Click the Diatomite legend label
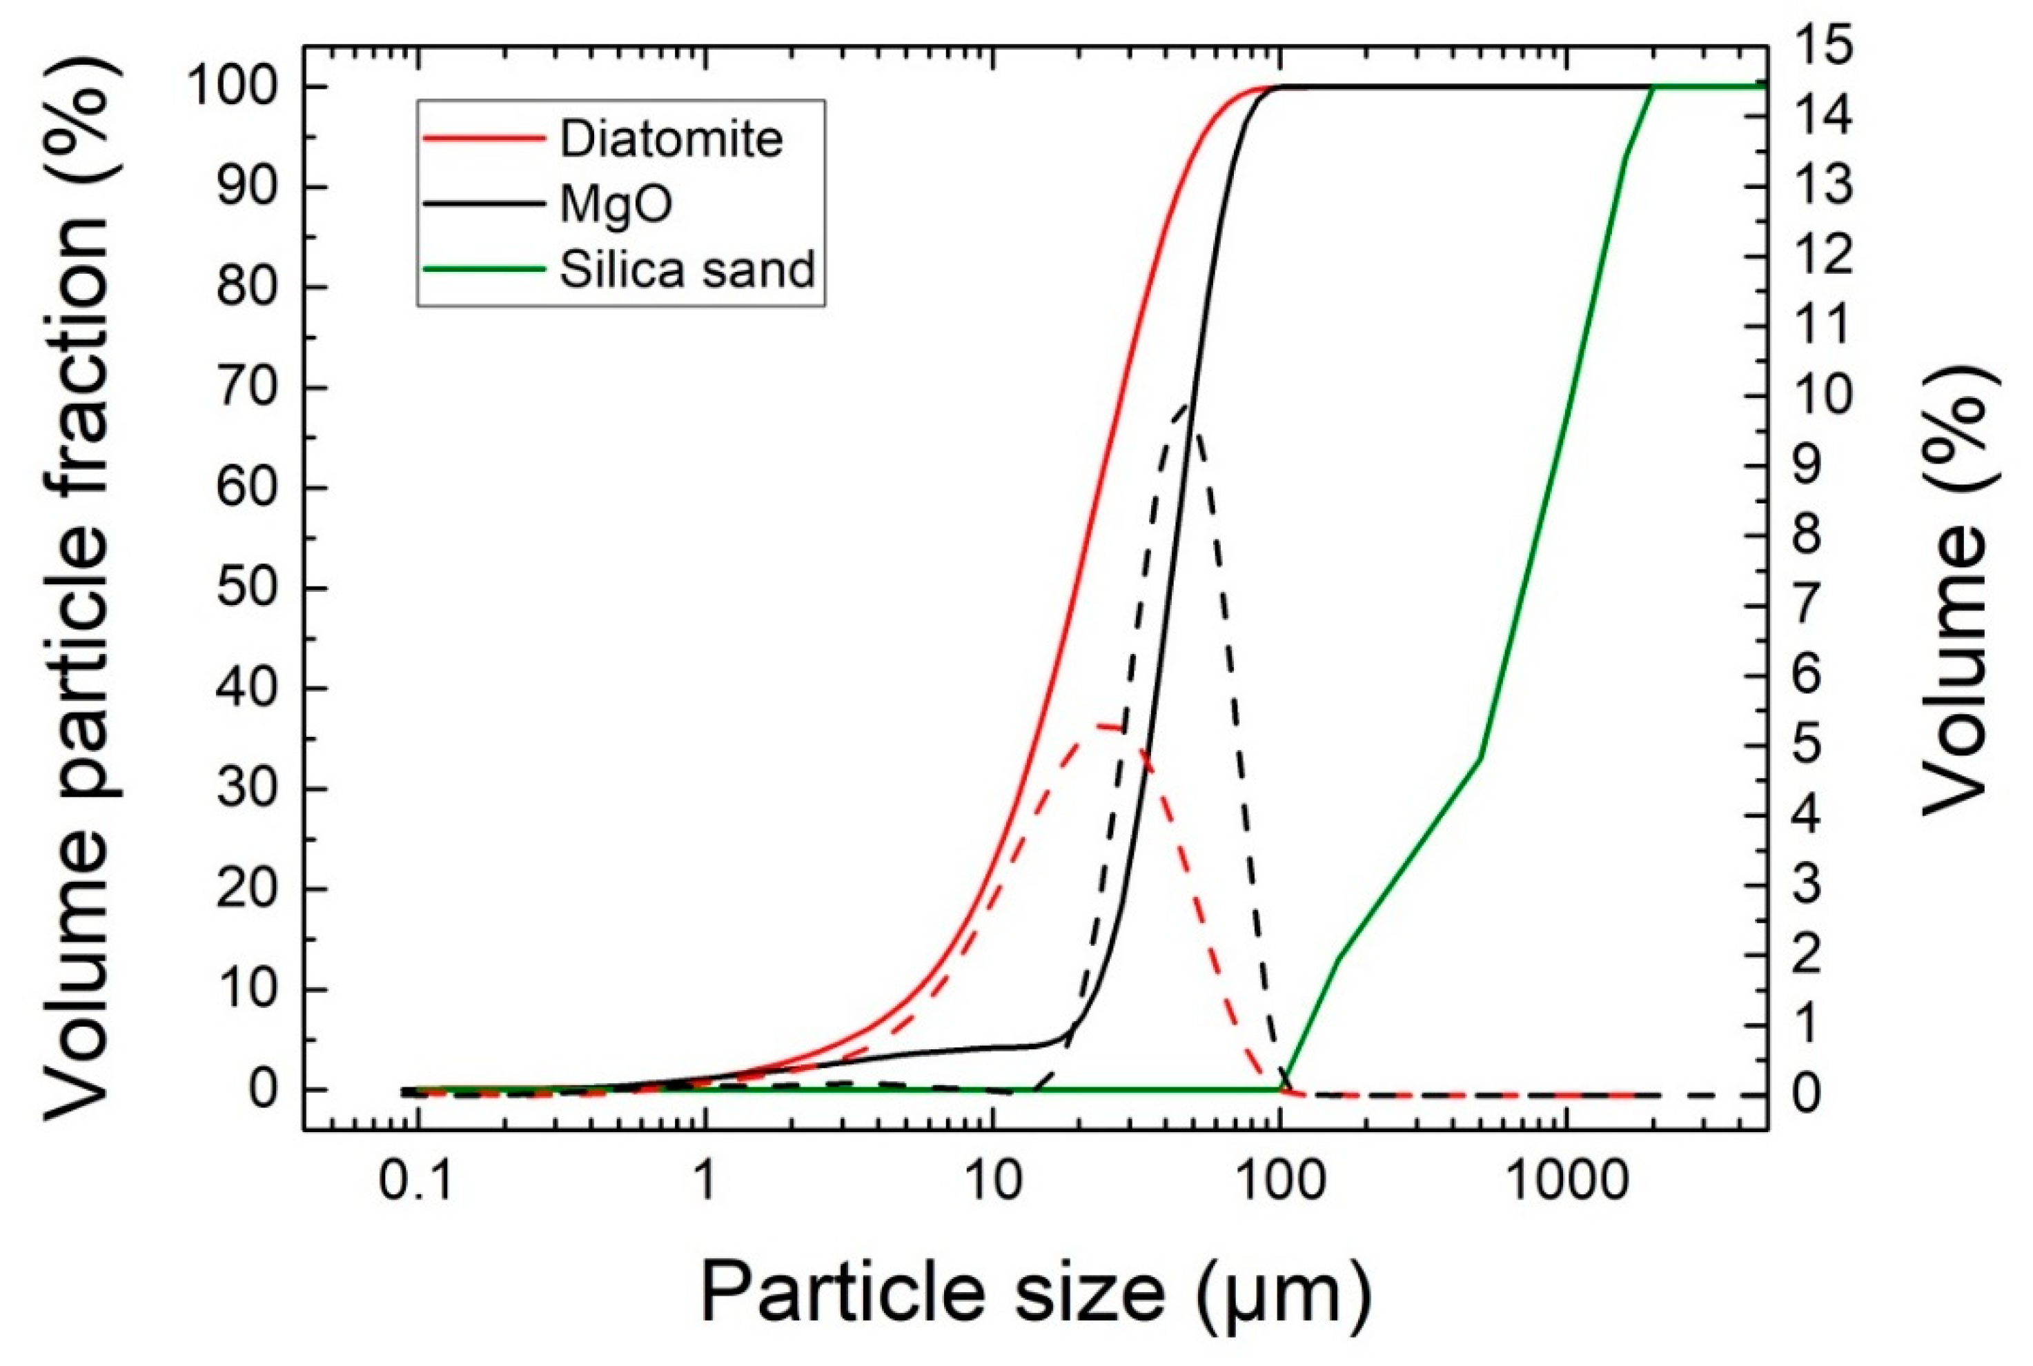point(670,139)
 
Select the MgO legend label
point(616,205)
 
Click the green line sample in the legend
point(483,269)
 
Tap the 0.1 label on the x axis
point(418,1183)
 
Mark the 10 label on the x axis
point(991,1183)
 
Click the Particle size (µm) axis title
point(1035,1291)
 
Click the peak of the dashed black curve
point(1185,404)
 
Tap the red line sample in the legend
point(483,139)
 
